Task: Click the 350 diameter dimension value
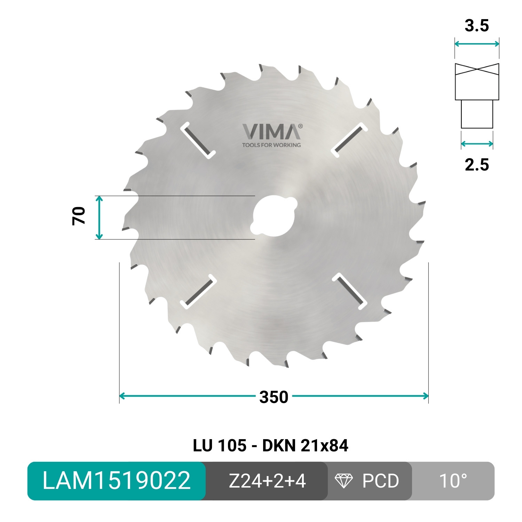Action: tap(274, 397)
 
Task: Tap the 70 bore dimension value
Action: tap(79, 216)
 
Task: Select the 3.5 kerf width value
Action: tap(477, 26)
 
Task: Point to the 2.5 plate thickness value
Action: tap(477, 165)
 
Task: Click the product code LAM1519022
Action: tap(117, 481)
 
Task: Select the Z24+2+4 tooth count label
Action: tap(267, 481)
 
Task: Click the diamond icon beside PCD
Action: tap(343, 481)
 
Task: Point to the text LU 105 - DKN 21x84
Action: tap(270, 446)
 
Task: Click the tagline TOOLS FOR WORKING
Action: tap(271, 145)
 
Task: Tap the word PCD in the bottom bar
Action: tap(380, 481)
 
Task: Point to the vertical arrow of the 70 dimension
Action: tap(99, 217)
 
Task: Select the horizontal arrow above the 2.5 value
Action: tap(477, 143)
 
